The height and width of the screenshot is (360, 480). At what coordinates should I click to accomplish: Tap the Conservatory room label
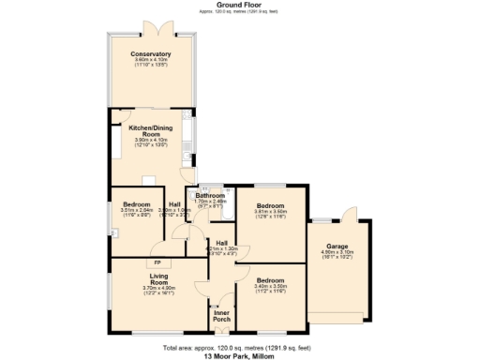tap(151, 54)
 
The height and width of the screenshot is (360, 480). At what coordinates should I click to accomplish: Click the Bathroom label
tap(210, 196)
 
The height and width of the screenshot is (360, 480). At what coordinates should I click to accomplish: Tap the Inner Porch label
tap(221, 316)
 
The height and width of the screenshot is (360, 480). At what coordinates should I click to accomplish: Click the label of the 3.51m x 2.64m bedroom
tap(137, 203)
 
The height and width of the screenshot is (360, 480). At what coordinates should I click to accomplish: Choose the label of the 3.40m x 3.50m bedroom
tap(270, 280)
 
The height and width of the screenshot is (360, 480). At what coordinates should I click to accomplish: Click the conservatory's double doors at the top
tap(152, 25)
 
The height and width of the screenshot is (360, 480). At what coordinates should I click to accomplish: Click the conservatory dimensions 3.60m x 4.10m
tap(151, 61)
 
